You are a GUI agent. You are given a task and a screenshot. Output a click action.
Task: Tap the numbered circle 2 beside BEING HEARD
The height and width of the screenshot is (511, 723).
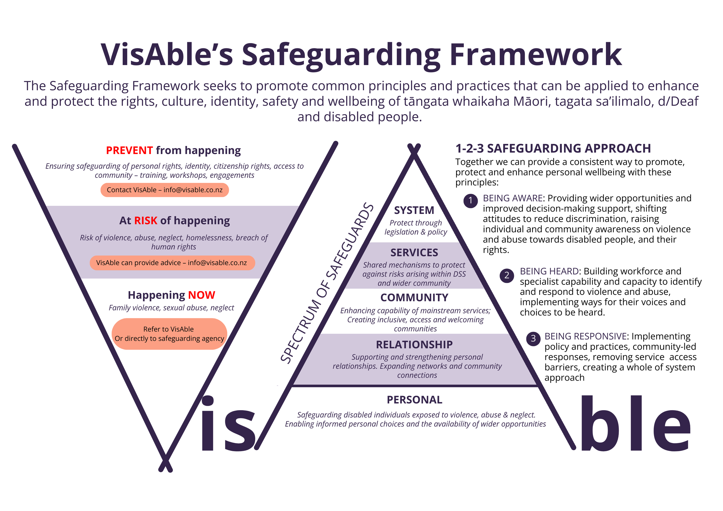[x=507, y=275]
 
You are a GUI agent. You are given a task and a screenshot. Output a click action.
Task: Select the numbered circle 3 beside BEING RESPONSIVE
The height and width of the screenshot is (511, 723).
[x=533, y=338]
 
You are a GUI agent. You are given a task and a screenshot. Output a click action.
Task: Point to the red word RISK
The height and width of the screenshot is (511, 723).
[x=145, y=221]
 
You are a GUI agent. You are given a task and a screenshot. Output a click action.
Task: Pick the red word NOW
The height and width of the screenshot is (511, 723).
[x=202, y=295]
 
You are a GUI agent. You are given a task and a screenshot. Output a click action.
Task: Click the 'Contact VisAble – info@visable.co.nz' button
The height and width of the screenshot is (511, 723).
[x=164, y=190]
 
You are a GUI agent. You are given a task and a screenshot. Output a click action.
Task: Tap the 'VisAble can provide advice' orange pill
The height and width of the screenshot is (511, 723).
[x=172, y=263]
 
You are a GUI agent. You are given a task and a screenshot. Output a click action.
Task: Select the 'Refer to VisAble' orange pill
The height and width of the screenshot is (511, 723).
[x=169, y=334]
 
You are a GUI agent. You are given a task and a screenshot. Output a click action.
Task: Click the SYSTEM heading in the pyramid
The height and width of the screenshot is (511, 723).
[x=414, y=210]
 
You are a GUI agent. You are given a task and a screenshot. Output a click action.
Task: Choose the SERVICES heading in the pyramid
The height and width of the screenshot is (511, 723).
[x=414, y=253]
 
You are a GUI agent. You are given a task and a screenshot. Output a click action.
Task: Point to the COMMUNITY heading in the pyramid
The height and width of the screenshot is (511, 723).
[x=414, y=298]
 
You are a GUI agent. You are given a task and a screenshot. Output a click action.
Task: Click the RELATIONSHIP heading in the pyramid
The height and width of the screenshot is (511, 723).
[x=414, y=345]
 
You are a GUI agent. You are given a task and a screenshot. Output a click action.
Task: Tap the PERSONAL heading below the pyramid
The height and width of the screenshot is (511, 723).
[x=414, y=400]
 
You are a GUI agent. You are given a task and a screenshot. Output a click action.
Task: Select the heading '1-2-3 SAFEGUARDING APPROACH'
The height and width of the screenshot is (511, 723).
[x=553, y=149]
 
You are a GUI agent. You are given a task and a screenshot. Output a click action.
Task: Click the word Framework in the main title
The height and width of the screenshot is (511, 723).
[x=535, y=55]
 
